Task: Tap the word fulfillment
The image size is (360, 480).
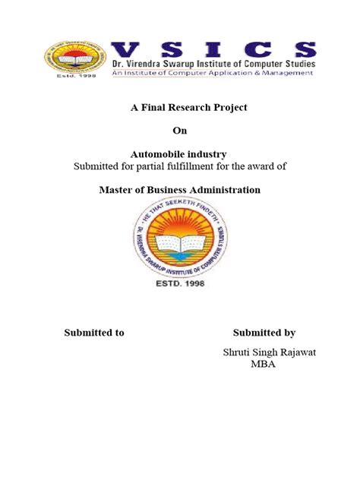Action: pyautogui.click(x=198, y=166)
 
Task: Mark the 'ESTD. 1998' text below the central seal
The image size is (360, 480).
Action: pyautogui.click(x=181, y=290)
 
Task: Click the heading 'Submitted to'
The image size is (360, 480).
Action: pyautogui.click(x=94, y=332)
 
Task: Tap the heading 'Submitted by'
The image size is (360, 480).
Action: pyautogui.click(x=264, y=332)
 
